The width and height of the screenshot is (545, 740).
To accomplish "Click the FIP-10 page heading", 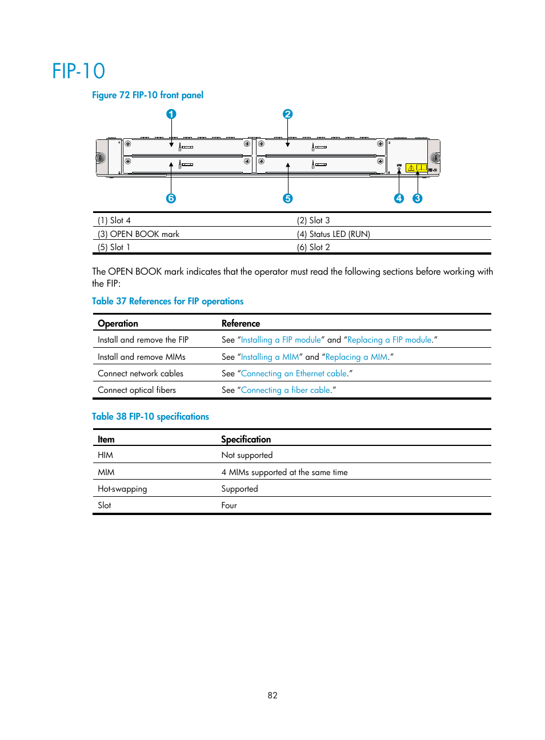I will tap(79, 71).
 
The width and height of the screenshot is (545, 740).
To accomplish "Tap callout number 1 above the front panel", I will tap(171, 114).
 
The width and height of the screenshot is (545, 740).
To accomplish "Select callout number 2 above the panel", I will tap(288, 114).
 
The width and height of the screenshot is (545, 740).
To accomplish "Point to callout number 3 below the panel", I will tap(418, 198).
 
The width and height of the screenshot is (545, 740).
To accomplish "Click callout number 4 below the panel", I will tap(399, 198).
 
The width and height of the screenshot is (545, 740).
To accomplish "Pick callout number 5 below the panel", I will tap(288, 198).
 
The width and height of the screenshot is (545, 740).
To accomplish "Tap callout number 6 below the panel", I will tap(171, 198).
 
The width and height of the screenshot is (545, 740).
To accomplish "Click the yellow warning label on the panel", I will tap(416, 168).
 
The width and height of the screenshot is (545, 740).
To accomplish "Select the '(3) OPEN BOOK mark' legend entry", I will tap(138, 234).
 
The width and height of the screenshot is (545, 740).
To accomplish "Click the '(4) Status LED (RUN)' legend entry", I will tap(333, 234).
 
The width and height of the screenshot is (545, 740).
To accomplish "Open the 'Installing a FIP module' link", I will tap(281, 340).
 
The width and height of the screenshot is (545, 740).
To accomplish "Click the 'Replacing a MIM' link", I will tap(356, 357).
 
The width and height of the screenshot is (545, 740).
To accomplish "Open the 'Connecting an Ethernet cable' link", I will tap(294, 373).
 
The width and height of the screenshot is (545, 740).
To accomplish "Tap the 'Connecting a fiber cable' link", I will tap(286, 390).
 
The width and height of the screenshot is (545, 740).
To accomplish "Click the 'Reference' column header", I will tap(241, 323).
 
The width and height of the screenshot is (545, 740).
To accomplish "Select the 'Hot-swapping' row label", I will tap(122, 489).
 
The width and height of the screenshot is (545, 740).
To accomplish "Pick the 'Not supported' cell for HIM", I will tap(247, 455).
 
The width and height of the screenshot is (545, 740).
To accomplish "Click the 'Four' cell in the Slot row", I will tap(229, 505).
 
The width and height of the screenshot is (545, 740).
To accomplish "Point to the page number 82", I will tap(272, 695).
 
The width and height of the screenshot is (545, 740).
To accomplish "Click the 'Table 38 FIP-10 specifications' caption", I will tap(150, 417).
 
